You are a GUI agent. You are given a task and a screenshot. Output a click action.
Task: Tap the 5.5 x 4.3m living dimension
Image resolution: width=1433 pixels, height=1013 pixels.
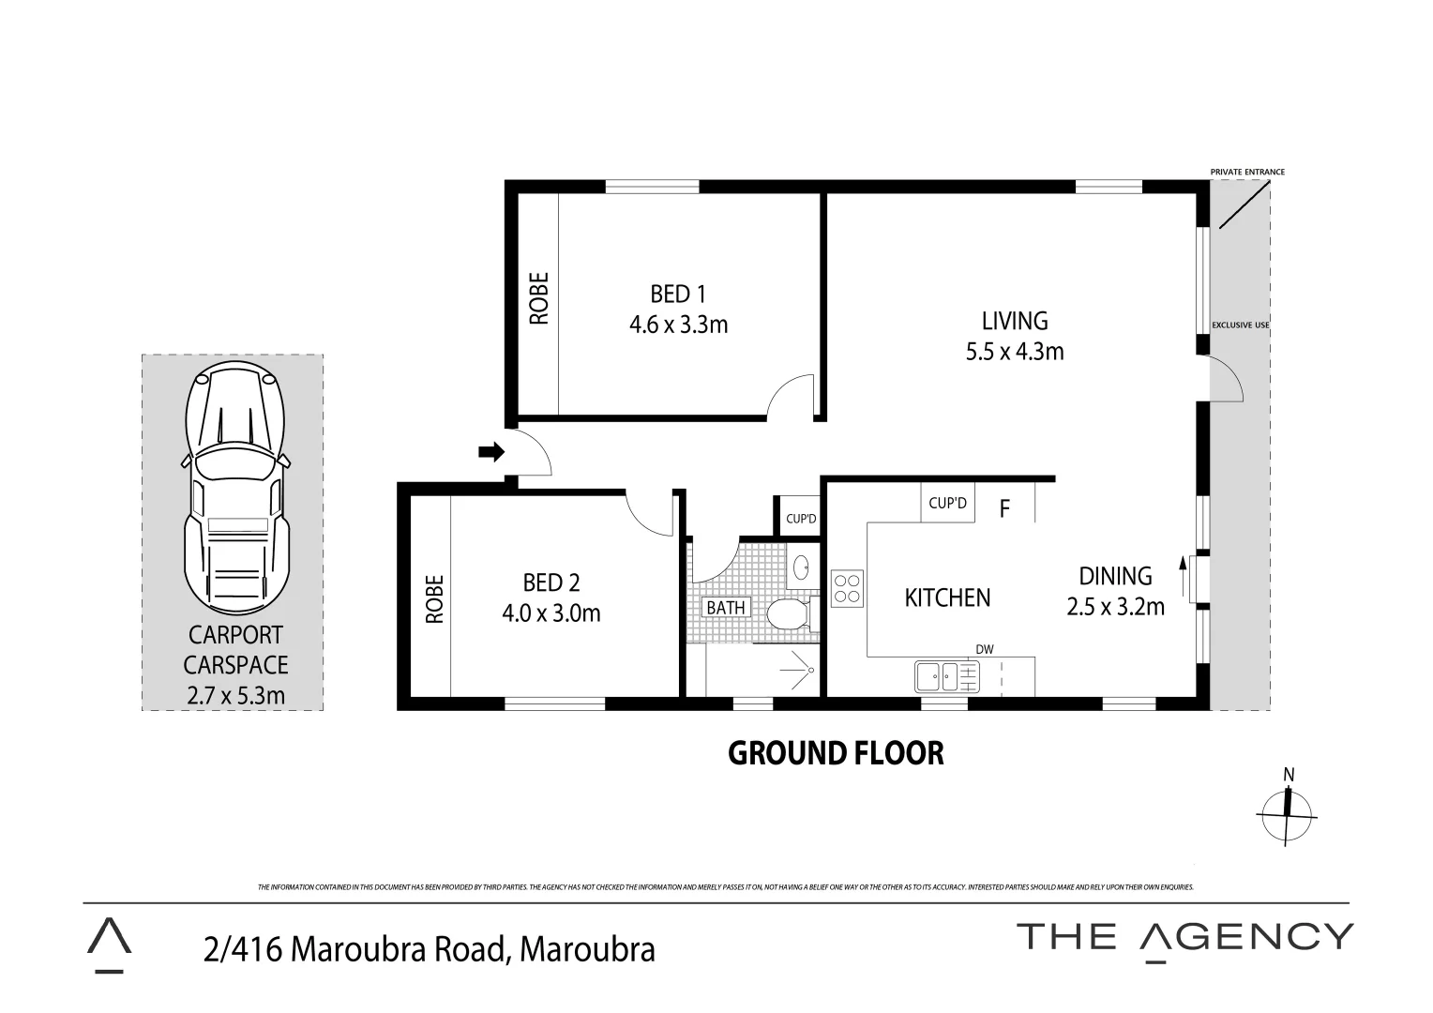pos(1014,352)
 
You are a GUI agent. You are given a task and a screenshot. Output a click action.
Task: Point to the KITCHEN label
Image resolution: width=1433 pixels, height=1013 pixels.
pos(946,597)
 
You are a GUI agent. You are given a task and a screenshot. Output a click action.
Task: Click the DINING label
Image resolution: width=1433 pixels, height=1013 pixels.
pos(1114,576)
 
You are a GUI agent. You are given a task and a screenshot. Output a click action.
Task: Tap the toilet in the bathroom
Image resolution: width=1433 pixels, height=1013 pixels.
pos(787,615)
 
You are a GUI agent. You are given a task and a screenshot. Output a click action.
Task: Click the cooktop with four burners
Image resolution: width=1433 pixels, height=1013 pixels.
pos(846,588)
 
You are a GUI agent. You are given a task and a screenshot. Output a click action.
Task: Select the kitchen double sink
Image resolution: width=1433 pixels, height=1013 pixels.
pos(946,675)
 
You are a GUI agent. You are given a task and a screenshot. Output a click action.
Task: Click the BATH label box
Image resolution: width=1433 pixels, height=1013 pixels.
pos(726,608)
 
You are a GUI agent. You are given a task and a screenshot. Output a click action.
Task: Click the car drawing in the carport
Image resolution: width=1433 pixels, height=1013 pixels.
pos(235,488)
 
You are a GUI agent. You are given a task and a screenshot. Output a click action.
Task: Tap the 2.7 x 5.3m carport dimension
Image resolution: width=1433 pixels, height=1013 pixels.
pos(235,695)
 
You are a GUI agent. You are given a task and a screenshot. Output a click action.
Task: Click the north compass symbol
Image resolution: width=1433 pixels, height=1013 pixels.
pos(1288,812)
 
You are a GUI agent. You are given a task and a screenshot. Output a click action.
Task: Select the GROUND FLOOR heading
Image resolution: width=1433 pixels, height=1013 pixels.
pos(836,753)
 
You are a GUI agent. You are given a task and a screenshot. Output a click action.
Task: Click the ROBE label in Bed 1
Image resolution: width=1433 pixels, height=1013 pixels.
pos(538,298)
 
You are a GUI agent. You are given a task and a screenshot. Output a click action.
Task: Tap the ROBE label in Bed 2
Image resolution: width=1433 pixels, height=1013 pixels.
pos(433,599)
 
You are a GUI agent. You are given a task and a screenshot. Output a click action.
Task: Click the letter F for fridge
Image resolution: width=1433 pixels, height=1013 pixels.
pos(1004,509)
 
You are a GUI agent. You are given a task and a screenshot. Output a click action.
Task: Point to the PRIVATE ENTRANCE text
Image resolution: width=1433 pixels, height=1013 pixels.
pos(1246,173)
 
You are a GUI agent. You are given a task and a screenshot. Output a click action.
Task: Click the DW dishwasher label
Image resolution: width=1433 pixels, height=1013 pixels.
pos(984,649)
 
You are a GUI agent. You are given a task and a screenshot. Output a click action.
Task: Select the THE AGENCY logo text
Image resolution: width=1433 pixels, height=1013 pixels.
pos(1184,937)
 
